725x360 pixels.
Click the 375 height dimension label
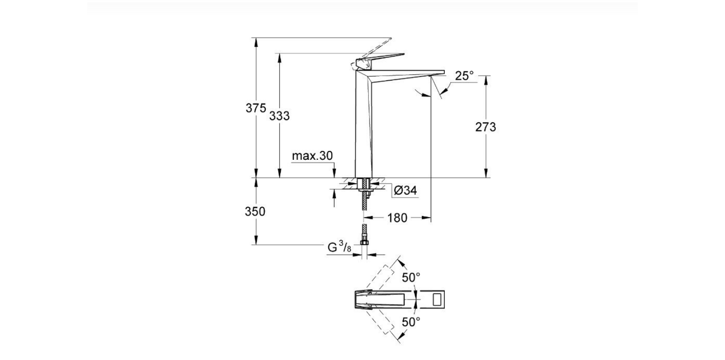coord(255,108)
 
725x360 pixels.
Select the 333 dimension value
coord(279,116)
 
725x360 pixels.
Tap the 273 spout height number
coord(486,127)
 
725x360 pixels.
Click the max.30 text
coord(312,156)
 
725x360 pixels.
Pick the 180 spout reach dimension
coord(397,218)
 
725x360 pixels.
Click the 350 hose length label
coord(255,211)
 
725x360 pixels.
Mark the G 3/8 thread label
coord(338,247)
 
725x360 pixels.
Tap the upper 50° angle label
coord(411,277)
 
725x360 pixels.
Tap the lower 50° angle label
coord(411,321)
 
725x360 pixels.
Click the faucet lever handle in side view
coord(382,58)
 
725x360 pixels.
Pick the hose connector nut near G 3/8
coord(364,243)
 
